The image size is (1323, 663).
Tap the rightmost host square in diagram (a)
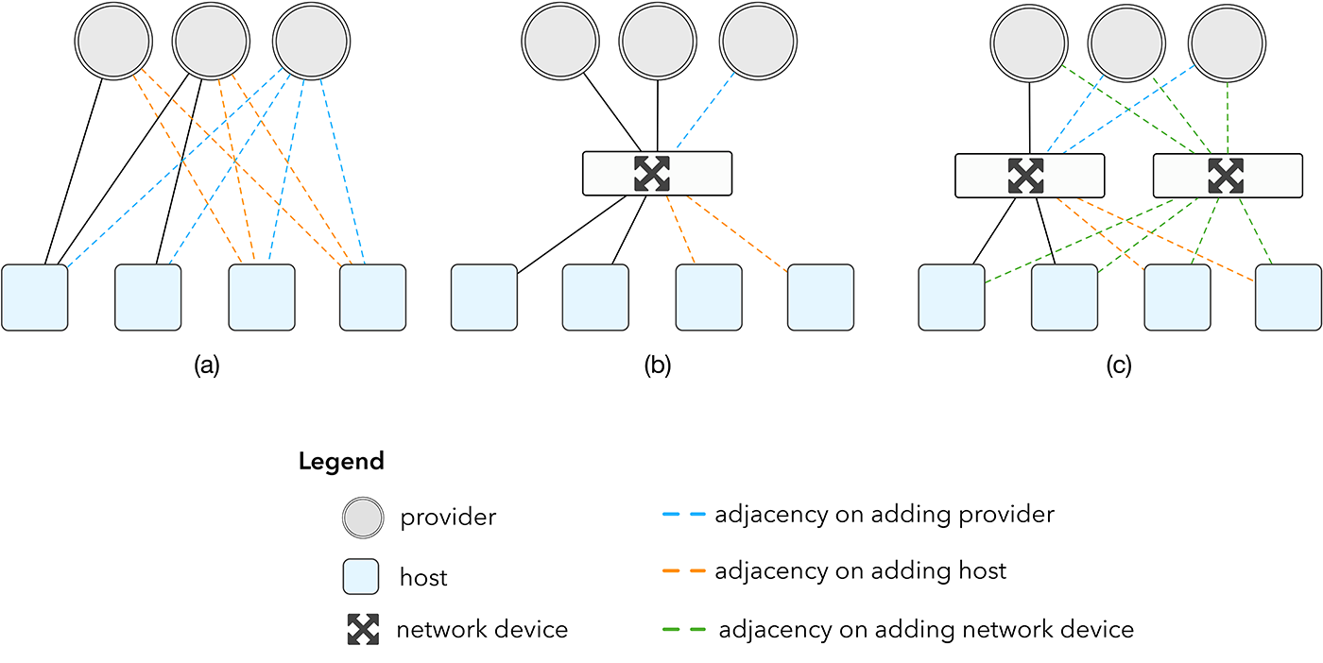pyautogui.click(x=372, y=297)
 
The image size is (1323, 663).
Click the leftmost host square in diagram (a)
pyautogui.click(x=35, y=297)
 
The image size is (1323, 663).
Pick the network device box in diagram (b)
pyautogui.click(x=657, y=174)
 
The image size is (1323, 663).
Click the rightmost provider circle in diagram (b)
pyautogui.click(x=758, y=42)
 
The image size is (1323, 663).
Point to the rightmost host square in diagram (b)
pyautogui.click(x=820, y=297)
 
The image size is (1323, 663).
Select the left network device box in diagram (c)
pyautogui.click(x=1029, y=176)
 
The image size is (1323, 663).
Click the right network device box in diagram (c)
pyautogui.click(x=1227, y=176)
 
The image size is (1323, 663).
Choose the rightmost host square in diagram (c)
pyautogui.click(x=1288, y=297)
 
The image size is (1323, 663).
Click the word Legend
pyautogui.click(x=341, y=462)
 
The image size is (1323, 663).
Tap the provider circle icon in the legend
pyautogui.click(x=363, y=518)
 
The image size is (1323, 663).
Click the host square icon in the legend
pyautogui.click(x=361, y=576)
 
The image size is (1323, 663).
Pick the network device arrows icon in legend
pyautogui.click(x=363, y=630)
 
